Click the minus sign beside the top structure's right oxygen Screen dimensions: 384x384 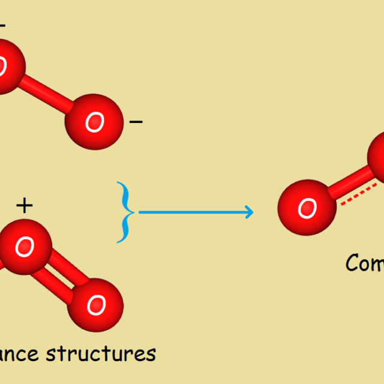[x=136, y=122]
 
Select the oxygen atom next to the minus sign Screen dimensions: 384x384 [x=94, y=122]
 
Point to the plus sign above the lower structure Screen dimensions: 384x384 [x=24, y=206]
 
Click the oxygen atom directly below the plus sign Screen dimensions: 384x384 [x=24, y=246]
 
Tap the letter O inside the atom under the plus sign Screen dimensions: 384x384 [x=25, y=246]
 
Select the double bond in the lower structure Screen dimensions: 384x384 [x=60, y=277]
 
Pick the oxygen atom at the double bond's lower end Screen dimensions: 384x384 [x=95, y=305]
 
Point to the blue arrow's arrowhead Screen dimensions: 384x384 [x=248, y=212]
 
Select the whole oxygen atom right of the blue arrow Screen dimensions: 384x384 [x=307, y=208]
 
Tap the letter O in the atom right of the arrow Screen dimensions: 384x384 [x=307, y=209]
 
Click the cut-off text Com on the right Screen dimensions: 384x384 [x=365, y=263]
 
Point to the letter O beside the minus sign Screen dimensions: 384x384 [x=94, y=122]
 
